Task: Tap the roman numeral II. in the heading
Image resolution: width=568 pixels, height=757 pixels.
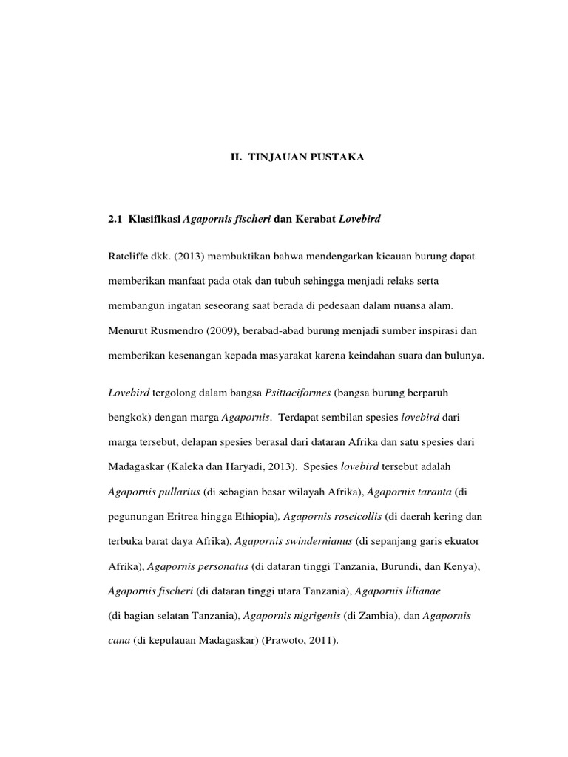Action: pyautogui.click(x=231, y=158)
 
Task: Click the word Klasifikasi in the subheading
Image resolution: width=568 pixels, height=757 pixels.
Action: pyautogui.click(x=153, y=220)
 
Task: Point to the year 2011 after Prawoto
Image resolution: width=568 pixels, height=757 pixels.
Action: pyautogui.click(x=321, y=641)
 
